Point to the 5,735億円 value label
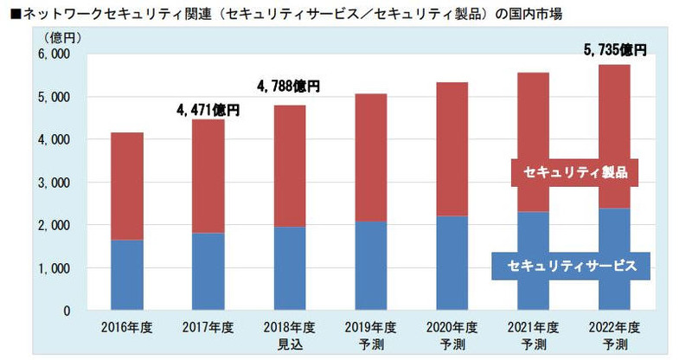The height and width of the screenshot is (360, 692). click(x=613, y=51)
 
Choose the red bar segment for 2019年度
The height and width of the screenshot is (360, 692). click(x=370, y=157)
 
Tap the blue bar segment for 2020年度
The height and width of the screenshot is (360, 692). click(x=452, y=263)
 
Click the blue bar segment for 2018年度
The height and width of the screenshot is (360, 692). click(x=289, y=268)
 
